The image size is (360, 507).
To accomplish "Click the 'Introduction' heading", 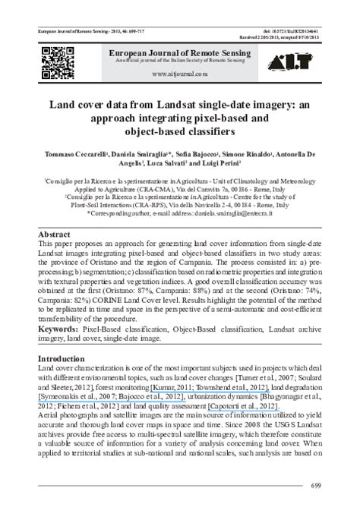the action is pos(63,357).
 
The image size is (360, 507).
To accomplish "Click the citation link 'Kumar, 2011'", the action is pos(175,388).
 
